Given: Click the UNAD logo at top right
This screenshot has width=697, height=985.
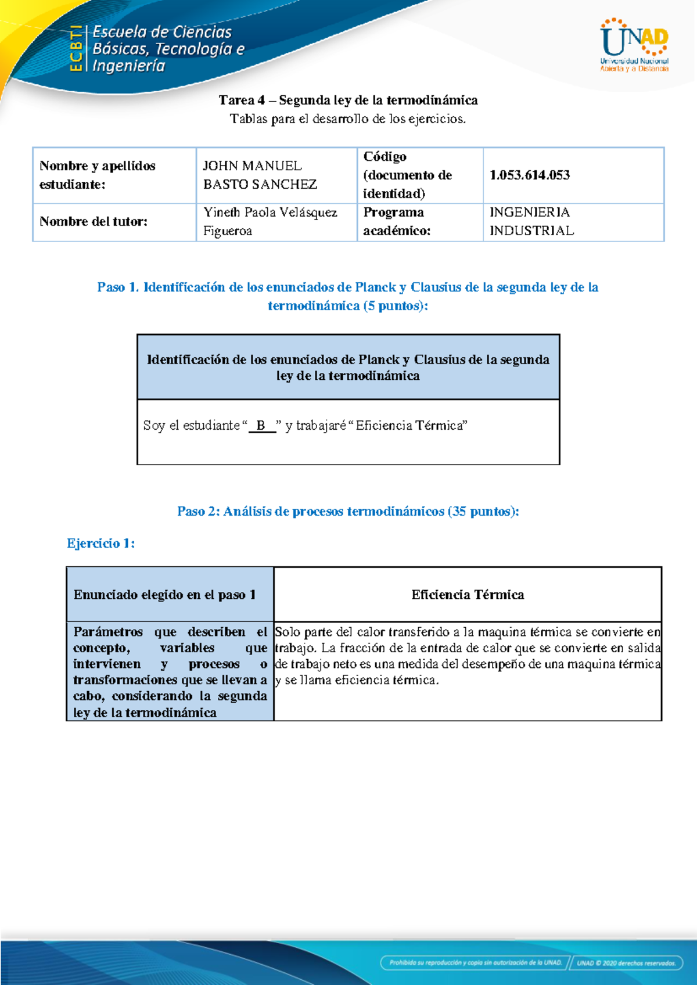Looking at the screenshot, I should pyautogui.click(x=634, y=45).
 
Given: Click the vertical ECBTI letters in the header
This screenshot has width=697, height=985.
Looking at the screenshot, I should pyautogui.click(x=76, y=49).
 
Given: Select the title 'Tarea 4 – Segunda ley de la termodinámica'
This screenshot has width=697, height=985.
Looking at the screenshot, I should pyautogui.click(x=348, y=100).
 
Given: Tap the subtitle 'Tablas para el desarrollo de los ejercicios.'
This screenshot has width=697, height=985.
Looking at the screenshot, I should pyautogui.click(x=348, y=119).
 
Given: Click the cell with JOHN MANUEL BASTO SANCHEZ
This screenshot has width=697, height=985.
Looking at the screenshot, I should pyautogui.click(x=260, y=175).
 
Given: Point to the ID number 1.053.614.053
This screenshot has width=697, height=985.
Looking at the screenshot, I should pyautogui.click(x=530, y=175).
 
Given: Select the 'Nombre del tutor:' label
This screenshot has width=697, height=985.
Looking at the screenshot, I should pyautogui.click(x=94, y=221).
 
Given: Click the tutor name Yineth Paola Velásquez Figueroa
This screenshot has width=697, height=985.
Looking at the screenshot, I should pyautogui.click(x=270, y=221).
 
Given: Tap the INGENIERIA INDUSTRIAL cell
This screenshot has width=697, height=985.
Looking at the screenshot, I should pyautogui.click(x=531, y=221).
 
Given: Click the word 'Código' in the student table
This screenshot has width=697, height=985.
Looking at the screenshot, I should pyautogui.click(x=385, y=157).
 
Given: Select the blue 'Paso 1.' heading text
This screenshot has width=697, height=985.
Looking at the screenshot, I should pyautogui.click(x=118, y=287).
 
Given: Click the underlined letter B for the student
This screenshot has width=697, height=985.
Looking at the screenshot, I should pyautogui.click(x=261, y=426).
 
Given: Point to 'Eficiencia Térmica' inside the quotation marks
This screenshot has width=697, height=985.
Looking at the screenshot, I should pyautogui.click(x=409, y=426).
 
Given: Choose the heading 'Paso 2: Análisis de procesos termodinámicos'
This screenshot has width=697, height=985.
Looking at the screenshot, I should pyautogui.click(x=348, y=512).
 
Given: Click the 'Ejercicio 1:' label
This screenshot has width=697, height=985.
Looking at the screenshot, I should pyautogui.click(x=101, y=544).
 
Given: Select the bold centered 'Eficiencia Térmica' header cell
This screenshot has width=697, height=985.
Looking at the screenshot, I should pyautogui.click(x=468, y=595).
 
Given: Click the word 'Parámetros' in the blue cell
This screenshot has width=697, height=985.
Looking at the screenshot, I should pyautogui.click(x=108, y=632).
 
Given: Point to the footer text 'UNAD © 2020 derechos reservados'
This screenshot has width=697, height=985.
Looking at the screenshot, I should pyautogui.click(x=626, y=963).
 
